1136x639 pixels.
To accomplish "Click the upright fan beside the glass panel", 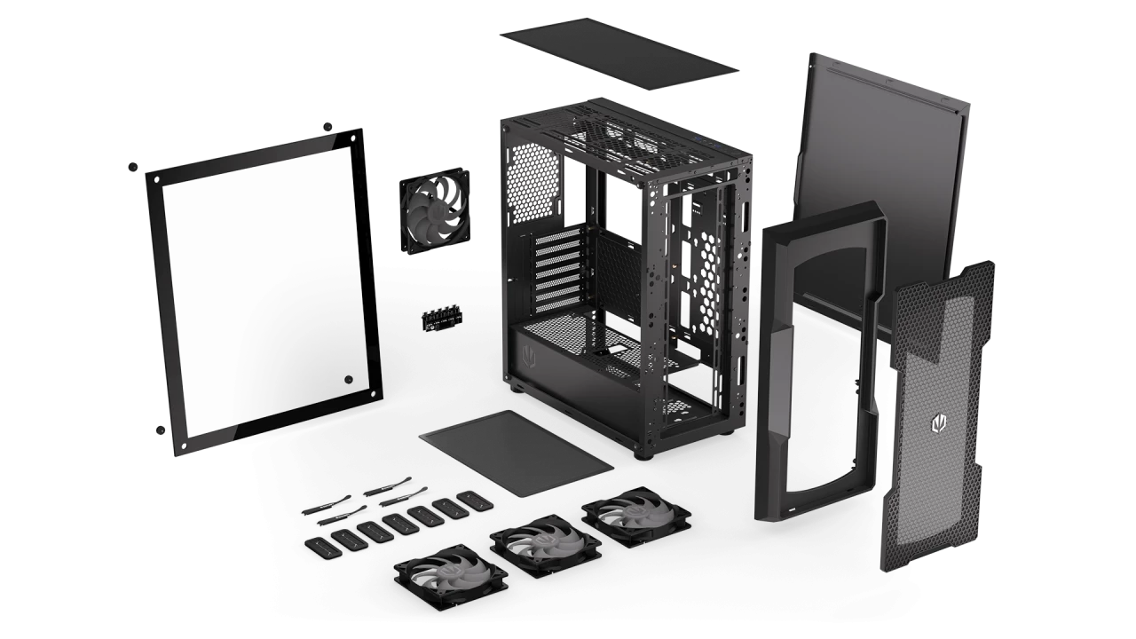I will [x=436, y=211].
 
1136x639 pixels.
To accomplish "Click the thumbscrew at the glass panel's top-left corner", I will [x=134, y=166].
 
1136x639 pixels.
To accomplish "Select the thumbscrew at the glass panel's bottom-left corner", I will [x=161, y=431].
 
